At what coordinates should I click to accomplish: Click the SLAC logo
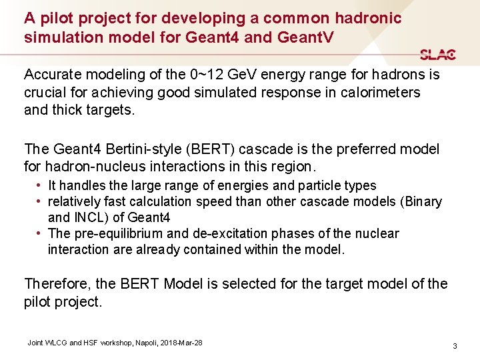point(437,55)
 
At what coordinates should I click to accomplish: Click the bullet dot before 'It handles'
point(40,185)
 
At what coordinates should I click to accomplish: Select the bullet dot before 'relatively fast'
point(40,201)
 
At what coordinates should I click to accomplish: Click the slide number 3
point(454,346)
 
